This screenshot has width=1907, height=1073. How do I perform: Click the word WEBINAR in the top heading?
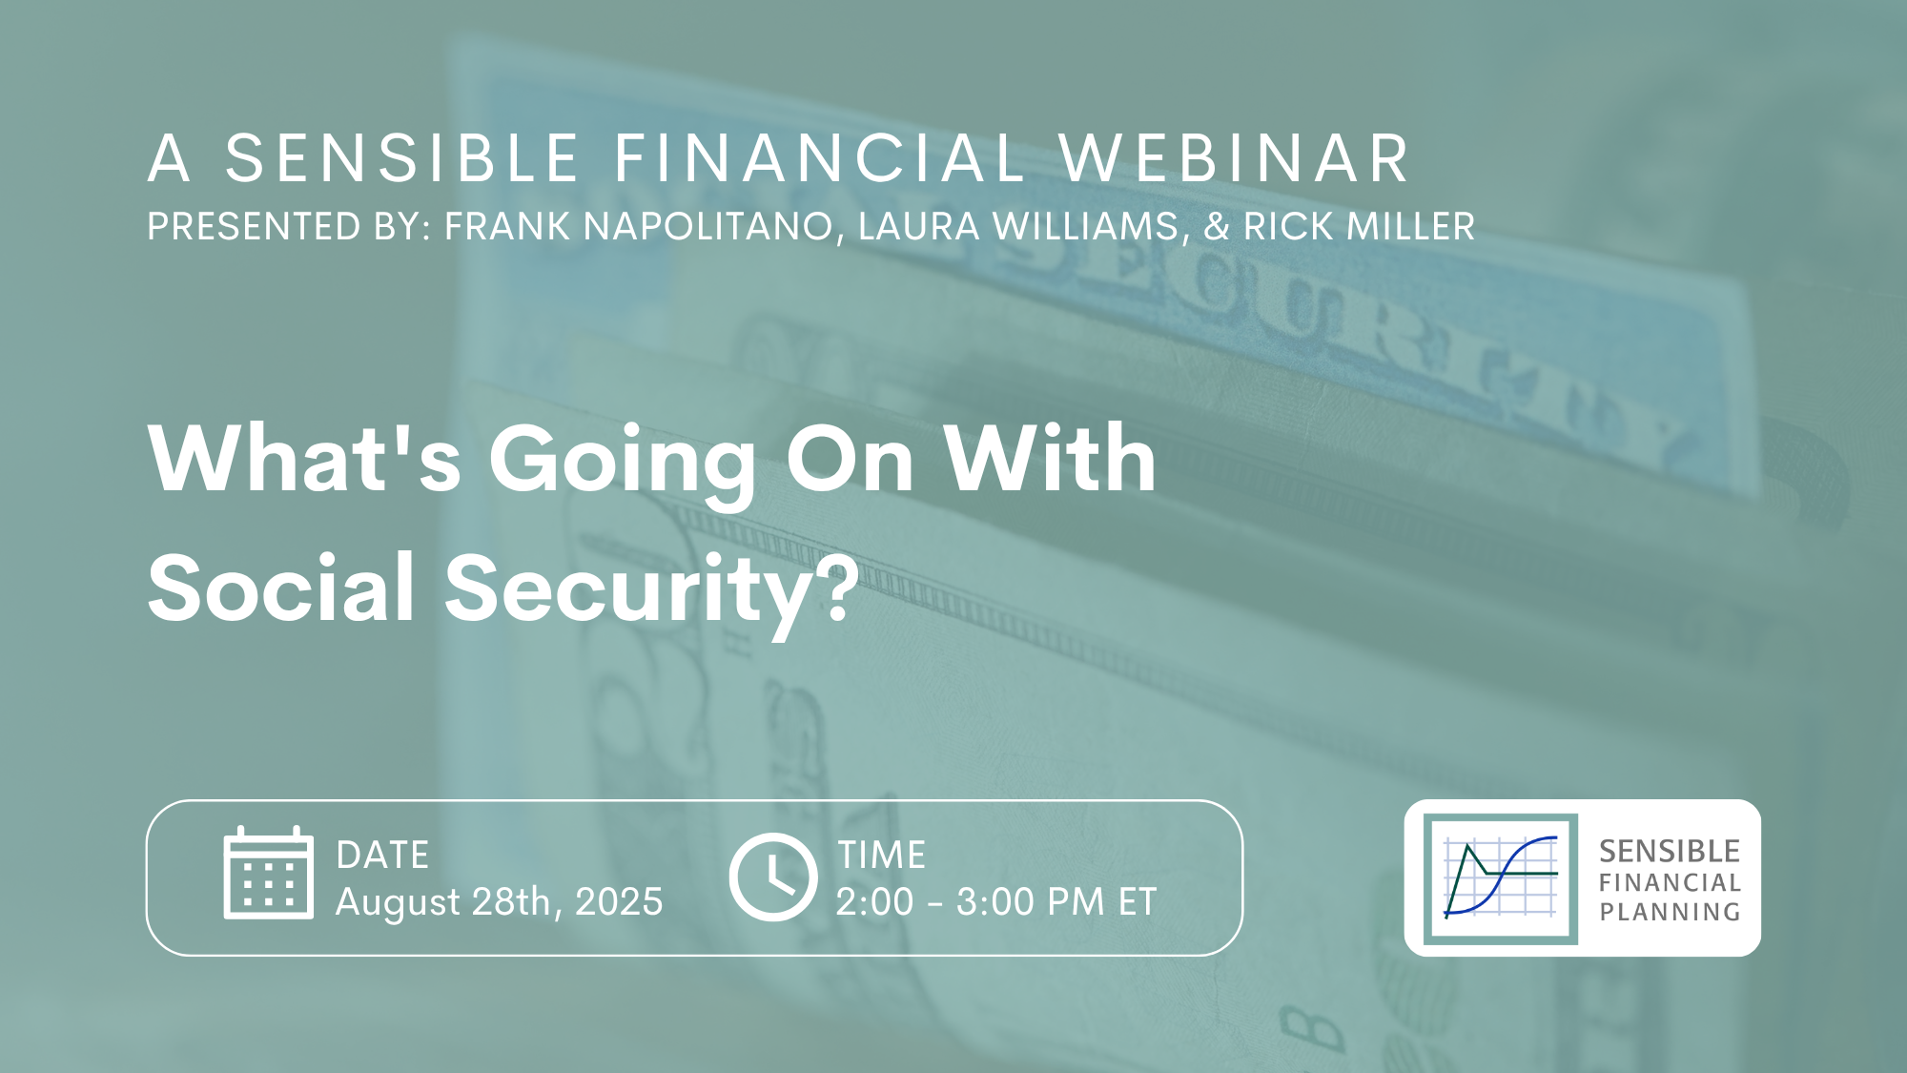pos(1235,158)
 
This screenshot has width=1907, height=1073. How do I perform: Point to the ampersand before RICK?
pos(1216,227)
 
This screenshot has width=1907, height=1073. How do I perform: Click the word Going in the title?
pos(623,463)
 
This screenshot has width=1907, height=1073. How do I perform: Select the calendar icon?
pos(269,873)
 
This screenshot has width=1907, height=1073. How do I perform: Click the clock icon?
pos(773,877)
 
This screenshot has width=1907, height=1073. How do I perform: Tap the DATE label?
pos(382,856)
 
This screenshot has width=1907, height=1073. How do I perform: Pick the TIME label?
pos(882,856)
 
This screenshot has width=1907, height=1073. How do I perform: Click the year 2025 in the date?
pos(619,901)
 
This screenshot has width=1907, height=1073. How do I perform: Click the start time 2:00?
pos(875,901)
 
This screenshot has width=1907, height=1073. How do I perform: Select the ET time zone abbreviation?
pos(1138,901)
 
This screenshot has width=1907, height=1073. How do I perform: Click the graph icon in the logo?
pos(1501,878)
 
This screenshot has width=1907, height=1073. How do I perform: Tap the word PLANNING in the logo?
pos(1670,913)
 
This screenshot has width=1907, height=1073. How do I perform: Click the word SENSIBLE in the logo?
pos(1670,851)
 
